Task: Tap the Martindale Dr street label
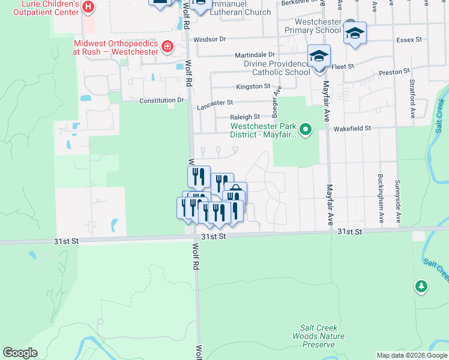tap(255, 55)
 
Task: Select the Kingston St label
tap(253, 87)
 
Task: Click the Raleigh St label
tap(244, 117)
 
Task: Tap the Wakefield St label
tap(353, 128)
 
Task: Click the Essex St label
tap(409, 40)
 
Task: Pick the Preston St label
tap(394, 73)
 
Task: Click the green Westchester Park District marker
tap(306, 129)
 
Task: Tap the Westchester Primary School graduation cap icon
tap(355, 33)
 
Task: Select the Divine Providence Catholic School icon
tap(319, 56)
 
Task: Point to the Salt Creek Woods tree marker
tap(421, 286)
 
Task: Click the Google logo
tap(20, 353)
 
